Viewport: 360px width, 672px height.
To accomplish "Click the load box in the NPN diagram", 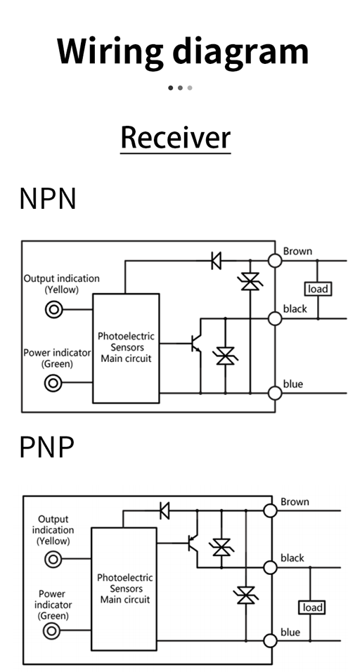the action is pos(318,289).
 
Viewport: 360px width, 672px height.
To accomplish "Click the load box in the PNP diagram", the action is pos(311,607).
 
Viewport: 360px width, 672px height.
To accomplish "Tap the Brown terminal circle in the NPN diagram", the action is pos(275,260).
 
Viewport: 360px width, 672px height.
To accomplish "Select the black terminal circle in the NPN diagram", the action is pos(275,318).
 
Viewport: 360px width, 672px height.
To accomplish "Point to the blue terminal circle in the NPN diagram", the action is pos(275,392).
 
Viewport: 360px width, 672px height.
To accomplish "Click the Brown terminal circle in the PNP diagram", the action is pos(270,510).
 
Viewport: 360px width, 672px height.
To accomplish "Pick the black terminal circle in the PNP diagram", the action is pos(270,567).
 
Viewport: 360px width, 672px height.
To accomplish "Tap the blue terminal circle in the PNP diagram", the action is pos(270,640).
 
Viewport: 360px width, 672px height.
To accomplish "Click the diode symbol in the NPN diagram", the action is pos(217,260).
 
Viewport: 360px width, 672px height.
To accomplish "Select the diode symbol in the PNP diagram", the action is pos(164,510).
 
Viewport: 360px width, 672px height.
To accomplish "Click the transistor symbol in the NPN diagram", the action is pos(196,343).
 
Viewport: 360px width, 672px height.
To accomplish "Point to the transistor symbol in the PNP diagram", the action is pos(193,543).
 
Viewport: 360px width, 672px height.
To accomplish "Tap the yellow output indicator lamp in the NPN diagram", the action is pos(54,309).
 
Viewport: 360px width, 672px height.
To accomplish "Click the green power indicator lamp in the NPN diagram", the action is pos(53,382).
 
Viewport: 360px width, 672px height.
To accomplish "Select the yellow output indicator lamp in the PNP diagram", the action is pos(53,560).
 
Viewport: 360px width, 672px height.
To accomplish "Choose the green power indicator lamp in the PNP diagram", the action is pos(52,631).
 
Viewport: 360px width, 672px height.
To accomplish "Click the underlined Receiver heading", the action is pos(176,138).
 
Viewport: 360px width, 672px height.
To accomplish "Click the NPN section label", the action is pos(48,198).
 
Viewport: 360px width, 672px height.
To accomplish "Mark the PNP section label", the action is pos(46,448).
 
